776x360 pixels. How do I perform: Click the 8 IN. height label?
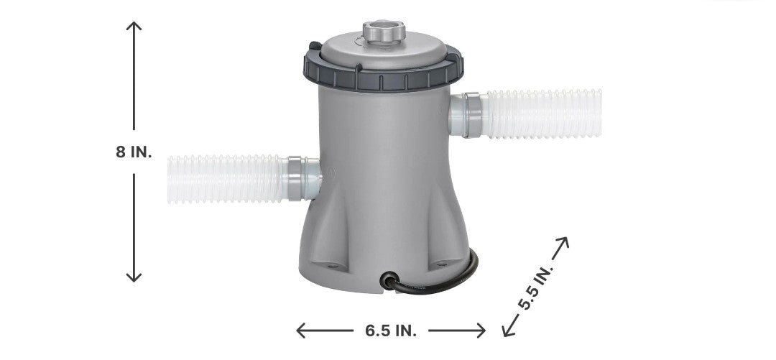[134, 152]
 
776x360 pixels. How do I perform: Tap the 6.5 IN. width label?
[391, 331]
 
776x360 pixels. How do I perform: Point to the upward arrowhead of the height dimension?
[134, 25]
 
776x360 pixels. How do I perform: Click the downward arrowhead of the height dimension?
[134, 277]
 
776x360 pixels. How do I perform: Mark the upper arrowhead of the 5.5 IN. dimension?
[564, 242]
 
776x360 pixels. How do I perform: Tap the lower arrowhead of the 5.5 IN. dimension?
[507, 331]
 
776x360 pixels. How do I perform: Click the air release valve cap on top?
[384, 31]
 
